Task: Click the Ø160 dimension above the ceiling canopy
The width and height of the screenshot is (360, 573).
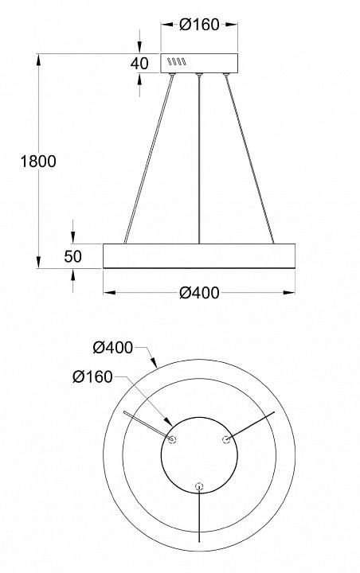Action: [199, 25]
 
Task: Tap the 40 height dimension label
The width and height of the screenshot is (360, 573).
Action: [139, 64]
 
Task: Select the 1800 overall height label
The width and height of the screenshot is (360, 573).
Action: [38, 161]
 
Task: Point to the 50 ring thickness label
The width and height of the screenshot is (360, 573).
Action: [72, 256]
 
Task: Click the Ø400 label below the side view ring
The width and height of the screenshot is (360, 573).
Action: [199, 293]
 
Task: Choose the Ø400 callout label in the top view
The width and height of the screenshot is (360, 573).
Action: [112, 348]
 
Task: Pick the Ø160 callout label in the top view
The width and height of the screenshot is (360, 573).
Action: [92, 376]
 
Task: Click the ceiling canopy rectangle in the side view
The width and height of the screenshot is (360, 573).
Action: [199, 63]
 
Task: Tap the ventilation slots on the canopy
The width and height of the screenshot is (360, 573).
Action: [177, 61]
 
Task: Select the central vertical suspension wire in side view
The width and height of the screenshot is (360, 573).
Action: [199, 159]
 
